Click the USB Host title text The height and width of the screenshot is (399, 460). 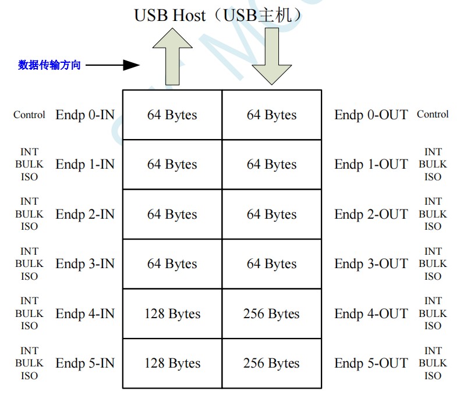click(x=218, y=15)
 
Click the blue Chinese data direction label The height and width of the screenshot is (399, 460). click(x=49, y=65)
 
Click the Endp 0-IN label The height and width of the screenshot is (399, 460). click(x=85, y=115)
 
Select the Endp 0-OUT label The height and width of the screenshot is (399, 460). click(x=371, y=115)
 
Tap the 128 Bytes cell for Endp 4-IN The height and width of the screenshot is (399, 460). click(x=172, y=314)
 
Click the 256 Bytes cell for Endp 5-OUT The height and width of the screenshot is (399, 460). click(x=271, y=364)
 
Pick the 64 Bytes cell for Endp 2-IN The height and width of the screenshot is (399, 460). click(x=172, y=215)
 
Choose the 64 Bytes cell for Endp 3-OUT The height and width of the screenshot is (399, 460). click(x=271, y=264)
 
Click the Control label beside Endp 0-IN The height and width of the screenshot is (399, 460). click(x=29, y=115)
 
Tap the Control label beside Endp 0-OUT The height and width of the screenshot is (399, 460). click(x=433, y=115)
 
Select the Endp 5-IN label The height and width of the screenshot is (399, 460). click(x=85, y=364)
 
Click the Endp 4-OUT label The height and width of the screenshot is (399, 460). click(x=371, y=314)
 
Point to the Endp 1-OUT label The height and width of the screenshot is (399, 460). click(x=371, y=165)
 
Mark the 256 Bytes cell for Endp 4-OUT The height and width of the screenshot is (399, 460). click(x=271, y=314)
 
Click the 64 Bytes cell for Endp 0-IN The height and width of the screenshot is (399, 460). click(x=172, y=115)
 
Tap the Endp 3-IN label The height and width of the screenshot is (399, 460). click(x=85, y=264)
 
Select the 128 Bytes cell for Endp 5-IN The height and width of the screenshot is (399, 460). click(x=172, y=364)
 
